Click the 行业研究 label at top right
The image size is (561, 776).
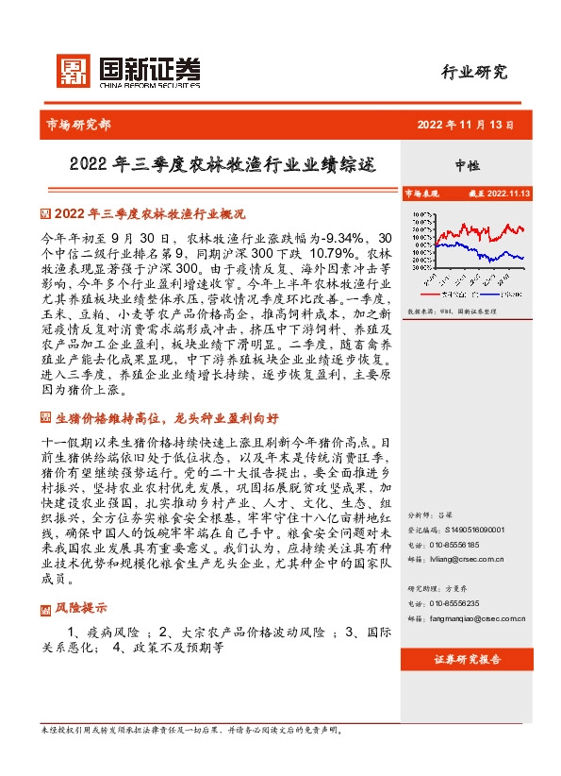tap(474, 72)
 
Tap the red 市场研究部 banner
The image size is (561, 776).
tap(78, 124)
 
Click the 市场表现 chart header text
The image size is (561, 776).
tap(422, 193)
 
